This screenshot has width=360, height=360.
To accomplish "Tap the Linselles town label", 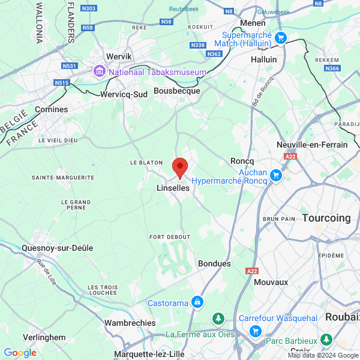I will click(173, 188).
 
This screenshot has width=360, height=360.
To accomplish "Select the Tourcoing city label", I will click(326, 218).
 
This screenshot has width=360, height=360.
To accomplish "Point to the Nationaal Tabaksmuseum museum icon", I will click(98, 72).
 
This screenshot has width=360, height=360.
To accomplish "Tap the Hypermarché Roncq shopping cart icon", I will click(275, 175).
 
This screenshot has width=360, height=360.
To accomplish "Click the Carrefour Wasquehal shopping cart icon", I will click(255, 331).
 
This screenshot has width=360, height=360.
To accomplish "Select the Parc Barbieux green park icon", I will click(326, 340).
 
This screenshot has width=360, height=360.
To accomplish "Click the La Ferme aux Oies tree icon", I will click(220, 318).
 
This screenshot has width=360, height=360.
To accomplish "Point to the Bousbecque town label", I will click(176, 91).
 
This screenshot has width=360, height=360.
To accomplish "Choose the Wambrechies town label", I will click(130, 323).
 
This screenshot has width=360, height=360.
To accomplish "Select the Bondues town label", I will click(214, 263).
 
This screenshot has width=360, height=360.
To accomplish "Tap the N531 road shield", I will click(70, 66).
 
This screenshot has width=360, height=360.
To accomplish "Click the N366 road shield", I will click(332, 68).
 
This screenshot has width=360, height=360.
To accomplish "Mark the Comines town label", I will click(52, 109).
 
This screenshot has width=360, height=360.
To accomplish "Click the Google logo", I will click(20, 353).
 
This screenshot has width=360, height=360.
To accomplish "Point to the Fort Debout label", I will click(170, 237).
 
